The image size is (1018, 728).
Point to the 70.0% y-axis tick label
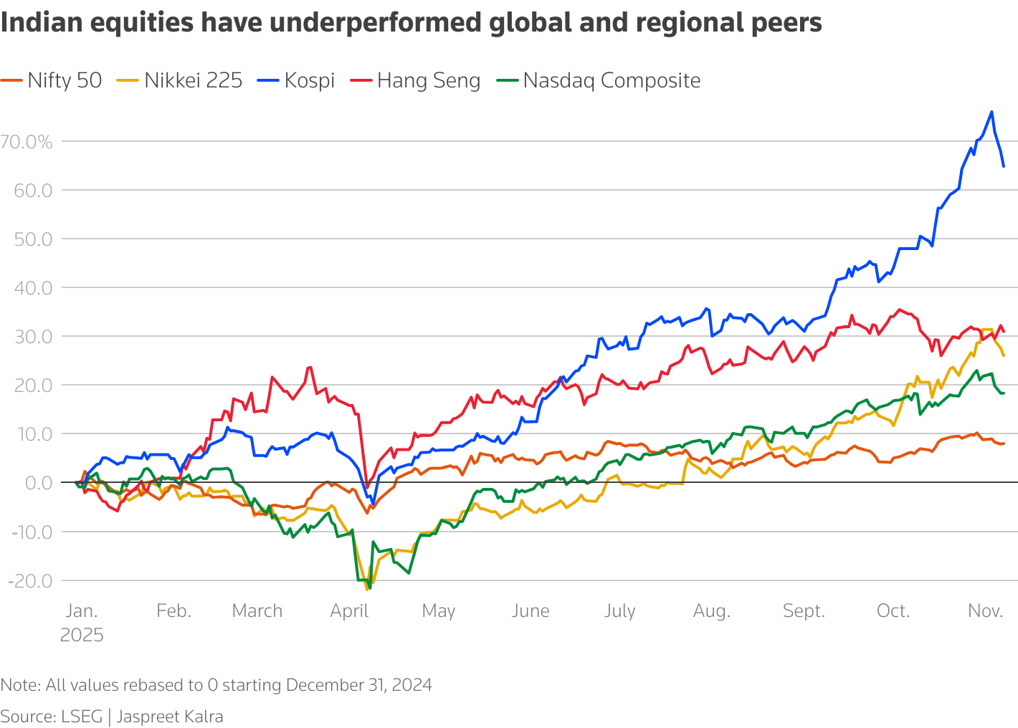tap(27, 142)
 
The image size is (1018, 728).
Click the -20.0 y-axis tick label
tap(30, 580)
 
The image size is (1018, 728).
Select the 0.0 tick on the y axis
tap(39, 483)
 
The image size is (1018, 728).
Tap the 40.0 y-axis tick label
tap(33, 288)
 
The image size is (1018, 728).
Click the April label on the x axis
tap(349, 610)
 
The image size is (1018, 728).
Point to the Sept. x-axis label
tap(804, 610)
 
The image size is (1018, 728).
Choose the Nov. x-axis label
tap(985, 610)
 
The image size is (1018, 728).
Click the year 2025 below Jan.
tap(82, 635)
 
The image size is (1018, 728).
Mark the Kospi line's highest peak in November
tap(991, 112)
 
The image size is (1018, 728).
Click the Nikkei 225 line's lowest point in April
tap(368, 589)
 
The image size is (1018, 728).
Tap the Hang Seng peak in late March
tap(310, 368)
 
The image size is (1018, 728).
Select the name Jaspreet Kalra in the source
tap(170, 717)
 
